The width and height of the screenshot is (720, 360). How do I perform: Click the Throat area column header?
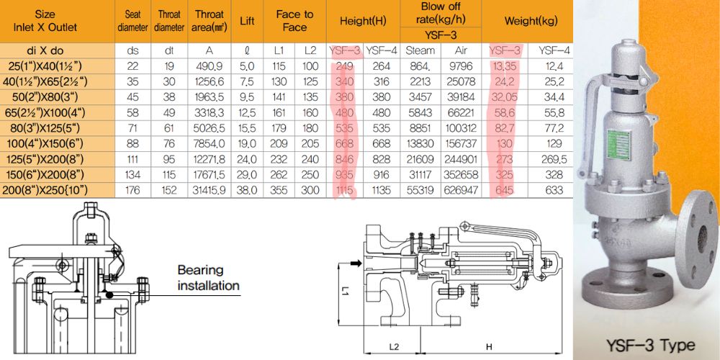[x=210, y=21]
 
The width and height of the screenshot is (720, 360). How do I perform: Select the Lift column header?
[x=247, y=21]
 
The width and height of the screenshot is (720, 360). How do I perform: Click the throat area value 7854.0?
[x=210, y=144]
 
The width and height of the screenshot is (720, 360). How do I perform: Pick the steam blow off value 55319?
[x=420, y=190]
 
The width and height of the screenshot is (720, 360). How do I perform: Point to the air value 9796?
[x=461, y=66]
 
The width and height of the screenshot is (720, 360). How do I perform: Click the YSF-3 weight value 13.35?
[x=505, y=66]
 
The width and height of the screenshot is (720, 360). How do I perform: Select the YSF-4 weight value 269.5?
[x=554, y=159]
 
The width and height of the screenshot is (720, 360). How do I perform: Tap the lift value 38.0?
[x=247, y=190]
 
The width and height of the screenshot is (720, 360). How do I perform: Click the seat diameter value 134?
[x=132, y=174]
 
